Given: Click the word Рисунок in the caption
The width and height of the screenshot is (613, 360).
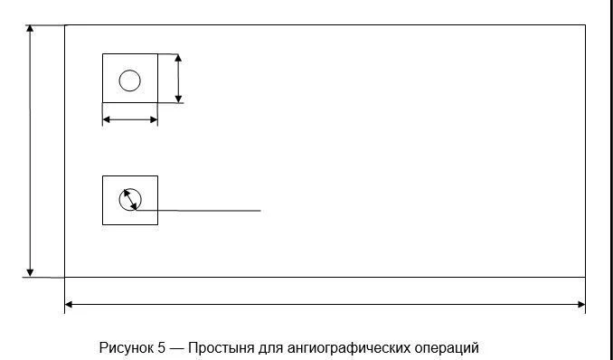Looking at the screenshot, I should (126, 348).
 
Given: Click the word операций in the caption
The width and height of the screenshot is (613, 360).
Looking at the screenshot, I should (446, 348).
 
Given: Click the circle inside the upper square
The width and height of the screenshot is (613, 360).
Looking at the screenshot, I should (130, 81).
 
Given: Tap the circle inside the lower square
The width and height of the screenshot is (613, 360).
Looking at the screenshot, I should (130, 199).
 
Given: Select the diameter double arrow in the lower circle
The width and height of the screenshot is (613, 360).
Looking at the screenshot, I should (131, 199).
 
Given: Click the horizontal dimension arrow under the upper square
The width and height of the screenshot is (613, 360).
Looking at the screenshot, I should (130, 119).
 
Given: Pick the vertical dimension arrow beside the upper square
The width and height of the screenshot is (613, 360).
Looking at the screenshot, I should (178, 79).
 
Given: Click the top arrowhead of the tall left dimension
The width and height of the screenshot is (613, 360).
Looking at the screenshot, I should (31, 29).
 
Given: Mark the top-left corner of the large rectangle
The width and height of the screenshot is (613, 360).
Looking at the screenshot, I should (65, 25).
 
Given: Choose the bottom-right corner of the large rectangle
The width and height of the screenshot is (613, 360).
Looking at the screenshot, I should (585, 277).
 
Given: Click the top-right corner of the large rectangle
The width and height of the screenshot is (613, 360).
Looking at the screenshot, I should (585, 25).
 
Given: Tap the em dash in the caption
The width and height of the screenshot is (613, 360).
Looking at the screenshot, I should (176, 348).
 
